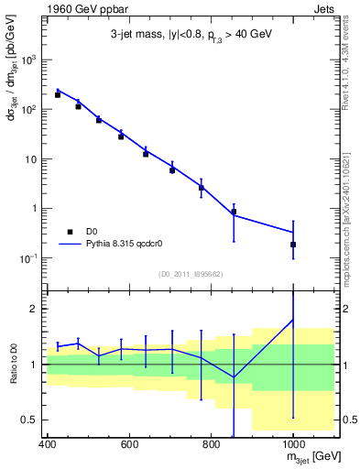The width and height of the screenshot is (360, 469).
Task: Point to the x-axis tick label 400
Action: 49,444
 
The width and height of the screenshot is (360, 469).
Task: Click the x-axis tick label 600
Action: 129,444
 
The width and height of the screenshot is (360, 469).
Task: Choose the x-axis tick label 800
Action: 211,444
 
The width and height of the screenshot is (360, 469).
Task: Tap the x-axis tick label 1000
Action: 292,444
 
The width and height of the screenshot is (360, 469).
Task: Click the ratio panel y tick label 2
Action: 37,309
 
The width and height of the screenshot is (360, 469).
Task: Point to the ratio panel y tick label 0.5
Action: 33,420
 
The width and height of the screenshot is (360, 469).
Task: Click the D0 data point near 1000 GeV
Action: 293,245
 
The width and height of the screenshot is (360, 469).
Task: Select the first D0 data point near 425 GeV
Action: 57,94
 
